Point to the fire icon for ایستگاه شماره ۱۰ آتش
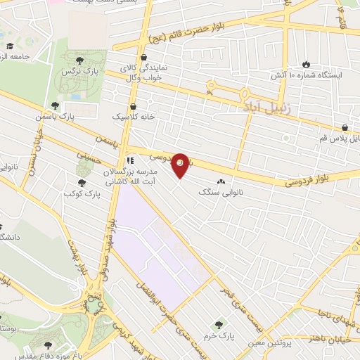pyautogui.click(x=305, y=63)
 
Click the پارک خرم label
pyautogui.click(x=219, y=337)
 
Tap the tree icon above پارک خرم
pyautogui.click(x=219, y=325)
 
